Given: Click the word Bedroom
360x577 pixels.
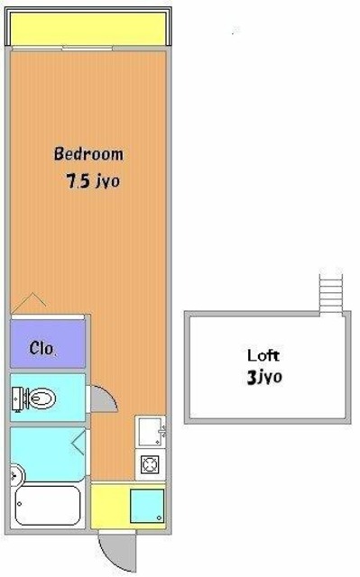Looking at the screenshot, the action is (x=88, y=153).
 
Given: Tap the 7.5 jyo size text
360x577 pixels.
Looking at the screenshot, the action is (x=93, y=180).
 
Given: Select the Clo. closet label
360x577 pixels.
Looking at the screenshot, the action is (x=42, y=348).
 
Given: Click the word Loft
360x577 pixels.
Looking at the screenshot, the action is (x=263, y=355).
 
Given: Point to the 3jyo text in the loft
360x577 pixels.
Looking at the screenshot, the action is (x=264, y=377).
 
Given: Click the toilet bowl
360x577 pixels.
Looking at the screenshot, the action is (x=42, y=398).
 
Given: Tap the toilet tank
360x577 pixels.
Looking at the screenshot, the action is (x=16, y=398).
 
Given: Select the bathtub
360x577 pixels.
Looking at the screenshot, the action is (x=48, y=505).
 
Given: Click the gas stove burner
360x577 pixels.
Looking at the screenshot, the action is (x=150, y=464).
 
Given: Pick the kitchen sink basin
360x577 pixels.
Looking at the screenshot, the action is (x=150, y=431).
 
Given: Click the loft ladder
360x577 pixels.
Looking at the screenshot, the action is (x=331, y=293).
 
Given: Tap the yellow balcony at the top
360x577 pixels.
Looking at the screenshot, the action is (x=88, y=29).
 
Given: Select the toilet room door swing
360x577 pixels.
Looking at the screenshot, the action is (x=104, y=398).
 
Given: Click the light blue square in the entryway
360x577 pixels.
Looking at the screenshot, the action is (x=147, y=506).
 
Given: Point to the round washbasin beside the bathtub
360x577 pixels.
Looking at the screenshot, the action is (x=16, y=475).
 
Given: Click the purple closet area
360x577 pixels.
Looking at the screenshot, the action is (x=48, y=343).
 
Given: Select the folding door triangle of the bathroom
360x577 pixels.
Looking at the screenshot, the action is (x=78, y=443).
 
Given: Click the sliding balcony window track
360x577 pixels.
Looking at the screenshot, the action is (x=62, y=48).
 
